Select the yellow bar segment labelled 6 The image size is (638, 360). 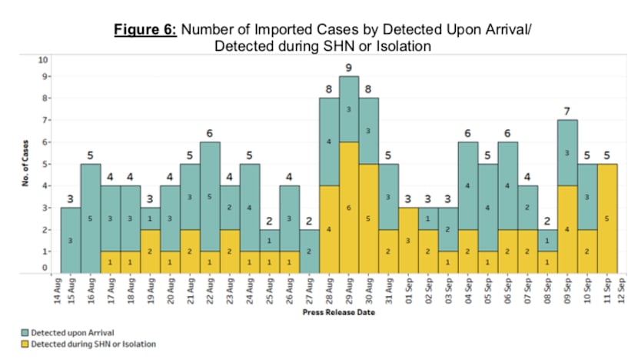click(350, 207)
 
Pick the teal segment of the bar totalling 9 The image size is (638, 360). click(350, 108)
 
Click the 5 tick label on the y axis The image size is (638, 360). click(45, 164)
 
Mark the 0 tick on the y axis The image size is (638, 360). click(45, 268)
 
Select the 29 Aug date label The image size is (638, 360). click(350, 292)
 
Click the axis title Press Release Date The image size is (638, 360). click(339, 315)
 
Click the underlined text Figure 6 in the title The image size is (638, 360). click(146, 30)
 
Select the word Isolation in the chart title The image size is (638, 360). click(396, 46)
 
